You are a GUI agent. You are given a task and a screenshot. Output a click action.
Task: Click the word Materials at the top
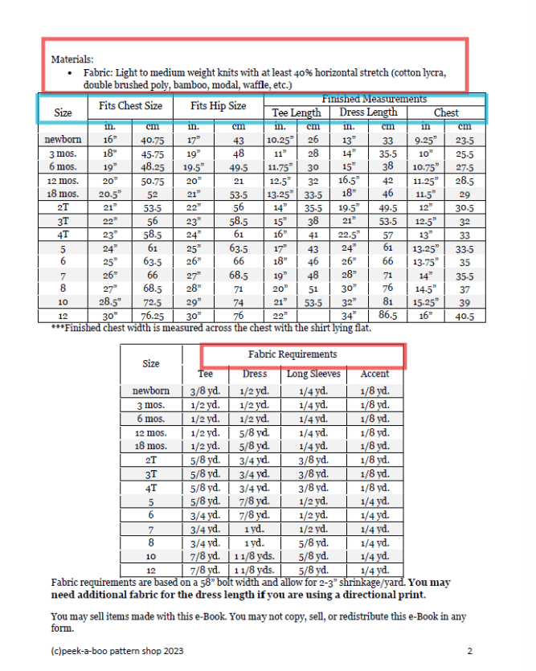tap(72, 59)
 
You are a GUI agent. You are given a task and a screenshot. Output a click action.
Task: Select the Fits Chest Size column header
tap(130, 106)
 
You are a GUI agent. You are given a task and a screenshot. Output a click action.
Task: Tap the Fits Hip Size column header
tap(218, 106)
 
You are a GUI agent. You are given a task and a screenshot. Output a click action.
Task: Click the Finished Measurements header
tap(374, 99)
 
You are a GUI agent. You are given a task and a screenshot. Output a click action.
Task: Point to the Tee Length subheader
tap(296, 113)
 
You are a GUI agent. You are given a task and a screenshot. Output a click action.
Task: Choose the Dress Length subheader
tap(368, 113)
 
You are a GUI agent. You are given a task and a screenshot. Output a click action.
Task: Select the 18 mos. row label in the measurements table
tap(63, 194)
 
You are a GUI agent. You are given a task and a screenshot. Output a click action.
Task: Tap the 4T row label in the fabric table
tap(150, 487)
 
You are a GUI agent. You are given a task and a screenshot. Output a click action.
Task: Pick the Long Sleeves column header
tap(313, 374)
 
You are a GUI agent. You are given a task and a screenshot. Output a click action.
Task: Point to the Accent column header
tap(374, 374)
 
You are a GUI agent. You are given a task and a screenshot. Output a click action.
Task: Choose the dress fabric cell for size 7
tap(256, 529)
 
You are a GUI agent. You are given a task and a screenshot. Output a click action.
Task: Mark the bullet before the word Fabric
tap(72, 72)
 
